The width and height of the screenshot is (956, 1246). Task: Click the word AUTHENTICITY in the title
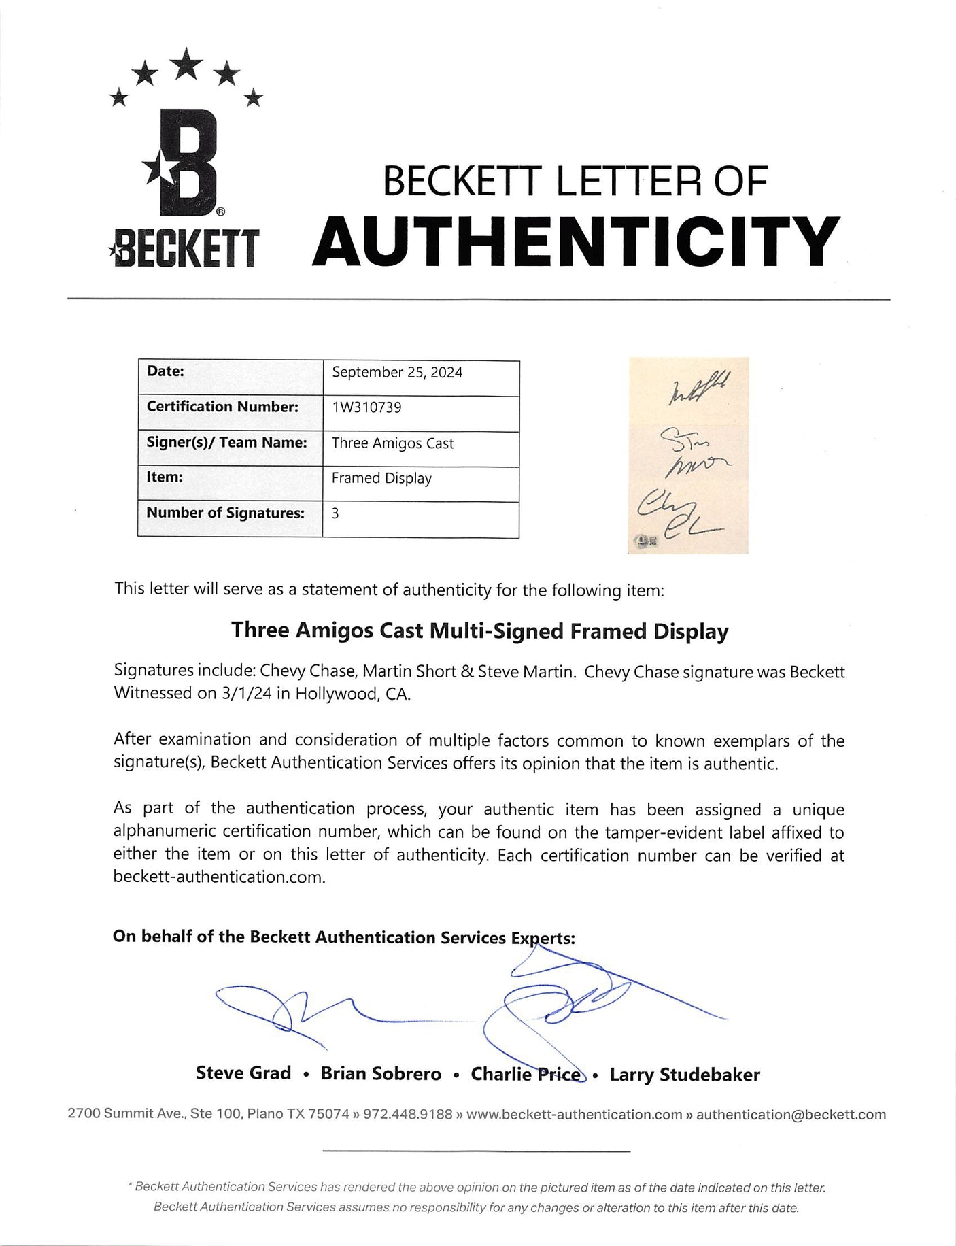point(576,242)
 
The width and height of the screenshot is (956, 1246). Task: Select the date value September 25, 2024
point(397,373)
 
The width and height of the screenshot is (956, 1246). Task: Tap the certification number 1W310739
point(366,408)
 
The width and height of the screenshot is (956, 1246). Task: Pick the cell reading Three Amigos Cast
point(392,443)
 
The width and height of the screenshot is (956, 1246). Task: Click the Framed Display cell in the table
point(381,479)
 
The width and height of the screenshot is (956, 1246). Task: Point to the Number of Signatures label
point(225,513)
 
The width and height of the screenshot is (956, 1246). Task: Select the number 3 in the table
point(335,514)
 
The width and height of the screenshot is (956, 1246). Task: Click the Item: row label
point(165,477)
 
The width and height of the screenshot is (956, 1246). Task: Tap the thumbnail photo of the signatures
point(688,455)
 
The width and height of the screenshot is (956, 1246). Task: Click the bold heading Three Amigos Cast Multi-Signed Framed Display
point(479,630)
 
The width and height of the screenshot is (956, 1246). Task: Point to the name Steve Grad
point(243,1073)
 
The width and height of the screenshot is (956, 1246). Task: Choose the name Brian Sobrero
point(381,1074)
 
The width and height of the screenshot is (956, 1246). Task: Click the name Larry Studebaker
point(684,1075)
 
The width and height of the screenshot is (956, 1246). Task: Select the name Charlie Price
point(526,1074)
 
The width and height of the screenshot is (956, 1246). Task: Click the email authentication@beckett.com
point(791,1115)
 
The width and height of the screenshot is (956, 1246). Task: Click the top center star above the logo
point(186,65)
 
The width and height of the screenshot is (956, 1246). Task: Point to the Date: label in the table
point(165,371)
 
